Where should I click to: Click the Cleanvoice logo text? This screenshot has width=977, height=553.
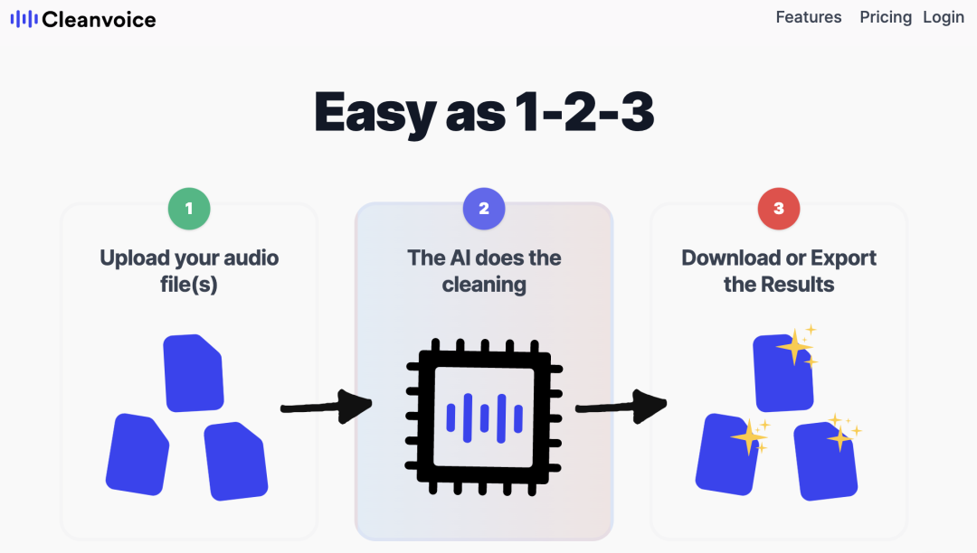coord(99,19)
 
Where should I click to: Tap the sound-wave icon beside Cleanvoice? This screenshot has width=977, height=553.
coord(24,19)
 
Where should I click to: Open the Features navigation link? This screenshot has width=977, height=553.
coord(809,17)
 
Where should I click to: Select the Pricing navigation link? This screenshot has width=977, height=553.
coord(886,17)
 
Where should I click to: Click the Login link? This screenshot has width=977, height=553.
coord(944,17)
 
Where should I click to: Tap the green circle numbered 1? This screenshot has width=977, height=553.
coord(189,209)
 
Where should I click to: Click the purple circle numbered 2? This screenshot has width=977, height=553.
coord(484,209)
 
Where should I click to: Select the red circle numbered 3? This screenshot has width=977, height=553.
coord(779,209)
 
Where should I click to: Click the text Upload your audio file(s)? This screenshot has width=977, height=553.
coord(189,271)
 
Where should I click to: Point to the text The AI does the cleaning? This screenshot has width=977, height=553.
coord(484,271)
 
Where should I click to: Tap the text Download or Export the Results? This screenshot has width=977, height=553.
coord(779,271)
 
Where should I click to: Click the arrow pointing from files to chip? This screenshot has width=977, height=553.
coord(327,406)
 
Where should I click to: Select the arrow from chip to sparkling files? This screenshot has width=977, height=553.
coord(621,406)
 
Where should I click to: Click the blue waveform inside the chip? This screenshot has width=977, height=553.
coord(484,417)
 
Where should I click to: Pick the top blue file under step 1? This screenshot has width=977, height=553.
coord(194,372)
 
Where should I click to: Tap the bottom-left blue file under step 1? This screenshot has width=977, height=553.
coord(138,455)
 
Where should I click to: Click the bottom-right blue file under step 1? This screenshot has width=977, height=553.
coord(236,461)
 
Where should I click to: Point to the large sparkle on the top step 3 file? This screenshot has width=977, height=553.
coord(794,348)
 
